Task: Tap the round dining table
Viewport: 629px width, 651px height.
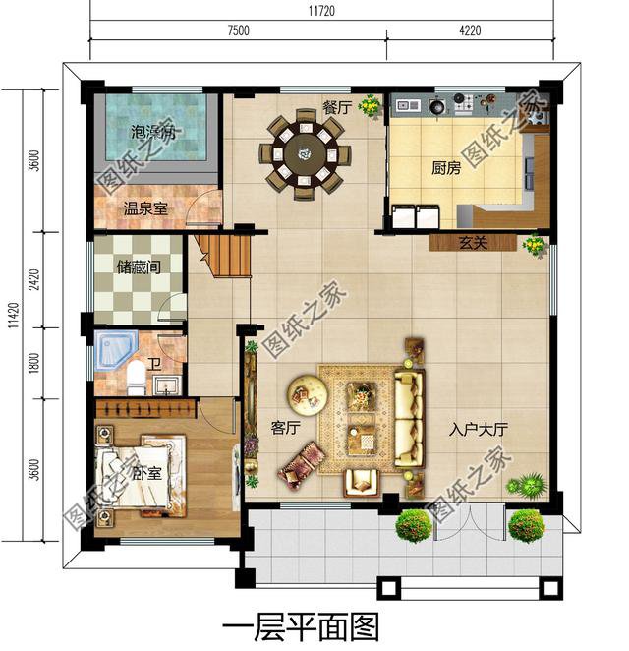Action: click(305, 154)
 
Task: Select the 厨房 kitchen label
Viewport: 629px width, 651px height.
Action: click(446, 168)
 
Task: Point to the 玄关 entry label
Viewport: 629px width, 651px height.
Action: click(474, 242)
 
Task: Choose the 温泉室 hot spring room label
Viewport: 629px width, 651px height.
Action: click(144, 208)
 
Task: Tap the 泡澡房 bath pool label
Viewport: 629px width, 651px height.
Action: click(153, 133)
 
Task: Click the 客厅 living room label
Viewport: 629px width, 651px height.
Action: click(284, 428)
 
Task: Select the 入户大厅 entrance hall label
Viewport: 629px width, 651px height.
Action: click(478, 429)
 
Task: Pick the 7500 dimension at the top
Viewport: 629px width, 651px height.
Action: click(238, 30)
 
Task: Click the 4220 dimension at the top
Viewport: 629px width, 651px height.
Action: click(470, 30)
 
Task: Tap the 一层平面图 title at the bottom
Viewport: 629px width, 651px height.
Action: click(301, 626)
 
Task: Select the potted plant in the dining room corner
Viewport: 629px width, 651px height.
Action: click(370, 105)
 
